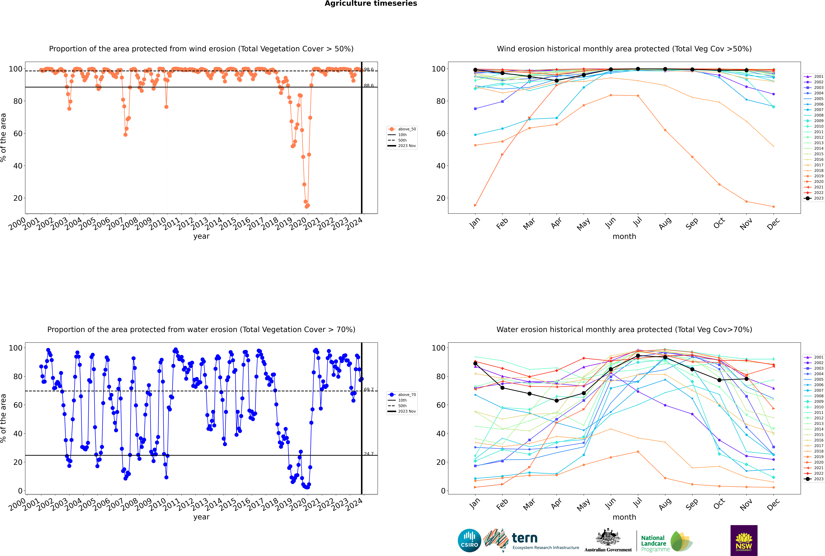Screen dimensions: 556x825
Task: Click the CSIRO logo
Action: click(x=469, y=540)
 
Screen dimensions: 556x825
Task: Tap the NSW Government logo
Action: click(x=744, y=540)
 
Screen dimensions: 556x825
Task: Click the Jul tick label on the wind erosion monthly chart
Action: click(x=637, y=222)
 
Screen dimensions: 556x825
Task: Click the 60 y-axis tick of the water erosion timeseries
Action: click(x=18, y=405)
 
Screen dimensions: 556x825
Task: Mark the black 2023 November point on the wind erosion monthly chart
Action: click(x=746, y=70)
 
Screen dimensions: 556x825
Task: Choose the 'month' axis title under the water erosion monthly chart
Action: click(x=624, y=517)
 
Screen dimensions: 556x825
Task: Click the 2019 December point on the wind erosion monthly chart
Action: click(x=774, y=207)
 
